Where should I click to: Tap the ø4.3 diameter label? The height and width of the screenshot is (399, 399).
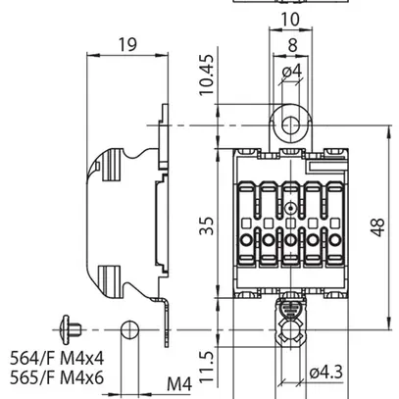click(324, 373)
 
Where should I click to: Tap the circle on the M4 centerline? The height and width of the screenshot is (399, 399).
click(129, 329)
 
